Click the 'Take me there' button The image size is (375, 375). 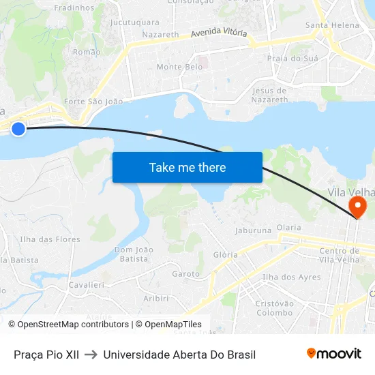pyautogui.click(x=187, y=167)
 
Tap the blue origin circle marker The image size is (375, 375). pyautogui.click(x=18, y=128)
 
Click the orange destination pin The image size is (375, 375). pyautogui.click(x=357, y=207)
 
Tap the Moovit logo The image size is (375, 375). pyautogui.click(x=334, y=354)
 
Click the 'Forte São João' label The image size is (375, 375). pyautogui.click(x=93, y=102)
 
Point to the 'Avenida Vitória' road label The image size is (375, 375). pyautogui.click(x=219, y=33)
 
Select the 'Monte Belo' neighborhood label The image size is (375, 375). pyautogui.click(x=179, y=67)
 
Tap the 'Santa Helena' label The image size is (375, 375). pyautogui.click(x=332, y=25)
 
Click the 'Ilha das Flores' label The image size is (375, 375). pyautogui.click(x=50, y=239)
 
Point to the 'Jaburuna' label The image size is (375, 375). pyautogui.click(x=253, y=231)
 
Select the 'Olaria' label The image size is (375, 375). pyautogui.click(x=288, y=227)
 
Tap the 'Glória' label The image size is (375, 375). pyautogui.click(x=226, y=254)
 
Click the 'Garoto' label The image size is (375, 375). pyautogui.click(x=186, y=274)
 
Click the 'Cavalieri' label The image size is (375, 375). pyautogui.click(x=87, y=284)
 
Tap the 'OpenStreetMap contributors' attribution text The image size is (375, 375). pyautogui.click(x=73, y=325)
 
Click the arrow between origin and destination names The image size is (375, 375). pyautogui.click(x=91, y=355)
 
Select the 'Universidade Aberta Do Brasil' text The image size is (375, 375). pyautogui.click(x=179, y=355)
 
